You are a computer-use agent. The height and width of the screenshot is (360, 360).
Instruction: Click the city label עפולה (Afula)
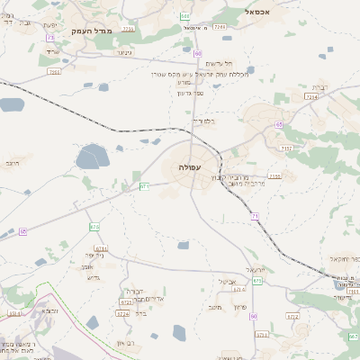(191, 167)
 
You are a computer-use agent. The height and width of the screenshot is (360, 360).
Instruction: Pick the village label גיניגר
(125, 53)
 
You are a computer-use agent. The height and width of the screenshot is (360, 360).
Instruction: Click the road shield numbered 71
(256, 217)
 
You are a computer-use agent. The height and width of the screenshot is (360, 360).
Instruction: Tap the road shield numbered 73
(50, 38)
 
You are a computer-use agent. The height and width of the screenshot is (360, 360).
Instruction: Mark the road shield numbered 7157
(286, 148)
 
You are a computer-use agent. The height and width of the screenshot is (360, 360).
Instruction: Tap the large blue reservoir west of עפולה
(92, 159)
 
